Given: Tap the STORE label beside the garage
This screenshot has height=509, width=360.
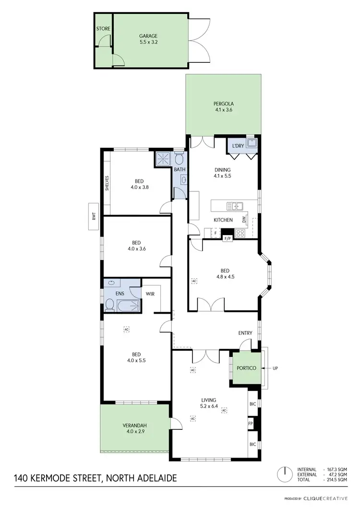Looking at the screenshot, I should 103,29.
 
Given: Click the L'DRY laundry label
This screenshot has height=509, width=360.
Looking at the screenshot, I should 237,146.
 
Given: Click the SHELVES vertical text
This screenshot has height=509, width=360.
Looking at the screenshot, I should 107,183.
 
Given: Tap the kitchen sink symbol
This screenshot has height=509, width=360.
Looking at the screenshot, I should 235,206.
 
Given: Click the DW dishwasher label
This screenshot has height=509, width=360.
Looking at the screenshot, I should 244,220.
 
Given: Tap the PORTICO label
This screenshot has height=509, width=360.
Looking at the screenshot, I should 246,368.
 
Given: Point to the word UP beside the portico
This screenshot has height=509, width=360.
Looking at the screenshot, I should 275,368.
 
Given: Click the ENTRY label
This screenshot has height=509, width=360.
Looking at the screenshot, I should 245,333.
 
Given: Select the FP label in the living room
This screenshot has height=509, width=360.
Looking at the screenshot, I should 250,424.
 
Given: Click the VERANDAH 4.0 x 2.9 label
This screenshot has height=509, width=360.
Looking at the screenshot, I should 134,428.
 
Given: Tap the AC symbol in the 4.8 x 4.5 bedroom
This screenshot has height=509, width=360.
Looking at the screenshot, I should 194,281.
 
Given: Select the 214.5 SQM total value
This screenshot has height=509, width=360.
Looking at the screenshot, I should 336,480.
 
